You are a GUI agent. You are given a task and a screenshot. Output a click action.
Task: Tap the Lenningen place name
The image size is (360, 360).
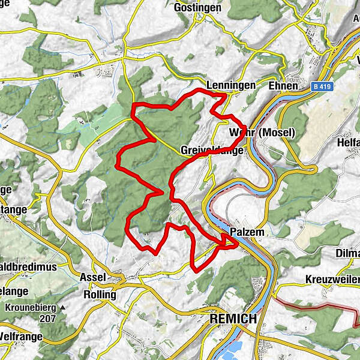click(230, 85)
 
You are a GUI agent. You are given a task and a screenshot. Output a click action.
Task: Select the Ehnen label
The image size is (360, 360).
click(283, 85)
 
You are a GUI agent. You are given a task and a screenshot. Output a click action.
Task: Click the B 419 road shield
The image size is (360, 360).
click(323, 86)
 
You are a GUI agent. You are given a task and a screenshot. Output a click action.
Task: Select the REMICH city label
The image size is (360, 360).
click(233, 319)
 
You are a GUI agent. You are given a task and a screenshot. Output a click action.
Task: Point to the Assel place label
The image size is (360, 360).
click(92, 277)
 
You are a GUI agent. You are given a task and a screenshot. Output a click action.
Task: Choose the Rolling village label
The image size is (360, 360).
click(100, 295)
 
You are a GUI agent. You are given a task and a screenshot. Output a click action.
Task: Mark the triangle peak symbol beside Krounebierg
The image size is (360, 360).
click(62, 308)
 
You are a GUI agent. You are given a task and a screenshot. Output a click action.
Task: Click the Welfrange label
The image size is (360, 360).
click(20, 336)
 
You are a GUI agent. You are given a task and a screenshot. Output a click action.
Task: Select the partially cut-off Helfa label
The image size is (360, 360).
click(349, 133)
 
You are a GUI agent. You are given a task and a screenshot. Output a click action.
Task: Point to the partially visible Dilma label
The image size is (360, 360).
click(348, 253)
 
